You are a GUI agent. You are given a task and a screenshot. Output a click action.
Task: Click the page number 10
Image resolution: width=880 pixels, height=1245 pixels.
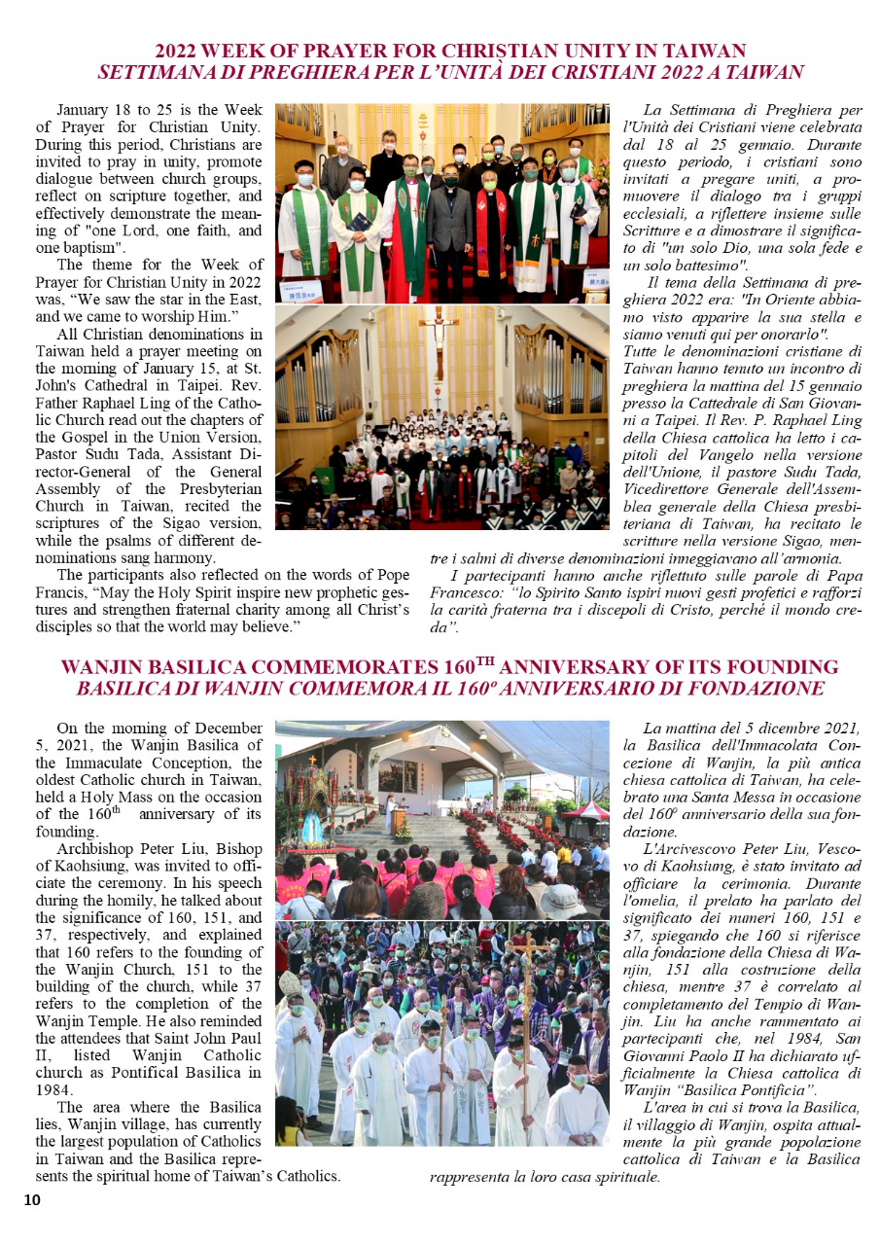tap(32, 1200)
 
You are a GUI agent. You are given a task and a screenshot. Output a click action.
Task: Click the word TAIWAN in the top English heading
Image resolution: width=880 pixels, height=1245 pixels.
tap(706, 51)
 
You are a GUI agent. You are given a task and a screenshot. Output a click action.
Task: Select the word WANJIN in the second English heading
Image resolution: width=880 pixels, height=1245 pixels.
tap(97, 667)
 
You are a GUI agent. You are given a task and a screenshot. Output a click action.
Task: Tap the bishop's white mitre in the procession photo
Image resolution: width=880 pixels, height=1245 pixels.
tap(291, 983)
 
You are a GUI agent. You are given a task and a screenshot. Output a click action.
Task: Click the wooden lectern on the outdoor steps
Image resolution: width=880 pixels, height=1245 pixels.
tap(400, 817)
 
